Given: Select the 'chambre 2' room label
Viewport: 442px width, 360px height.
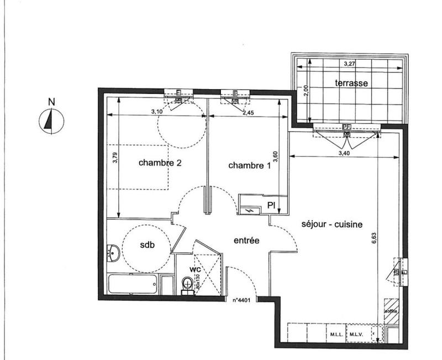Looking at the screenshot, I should coord(160,163).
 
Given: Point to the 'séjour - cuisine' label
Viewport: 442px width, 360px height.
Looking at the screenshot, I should coord(332,225).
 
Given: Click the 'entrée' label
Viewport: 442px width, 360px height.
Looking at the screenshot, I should coord(246,240).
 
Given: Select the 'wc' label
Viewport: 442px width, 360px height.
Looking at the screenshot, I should coord(194,269).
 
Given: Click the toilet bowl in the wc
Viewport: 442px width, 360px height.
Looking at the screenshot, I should coord(188,284).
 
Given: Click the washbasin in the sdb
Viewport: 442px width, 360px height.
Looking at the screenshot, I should coord(113,254).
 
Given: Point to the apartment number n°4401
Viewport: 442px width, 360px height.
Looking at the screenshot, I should coord(241,301).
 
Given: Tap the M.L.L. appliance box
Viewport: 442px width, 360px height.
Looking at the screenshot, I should coord(336,335).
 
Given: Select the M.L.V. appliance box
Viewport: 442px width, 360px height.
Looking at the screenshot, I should coord(355,335).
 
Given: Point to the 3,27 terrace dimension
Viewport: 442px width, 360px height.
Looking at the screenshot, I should coord(350,64).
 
